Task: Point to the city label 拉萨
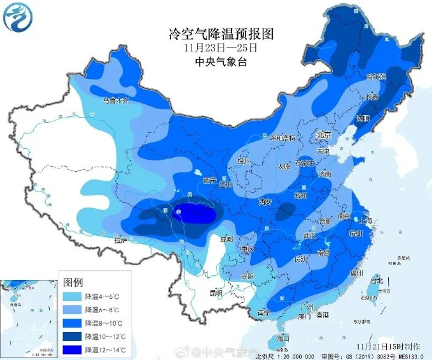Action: [121, 240]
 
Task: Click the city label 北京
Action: [324, 136]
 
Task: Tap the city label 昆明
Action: [216, 293]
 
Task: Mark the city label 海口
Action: [284, 337]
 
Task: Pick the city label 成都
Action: [227, 239]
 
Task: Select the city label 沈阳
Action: [362, 118]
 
